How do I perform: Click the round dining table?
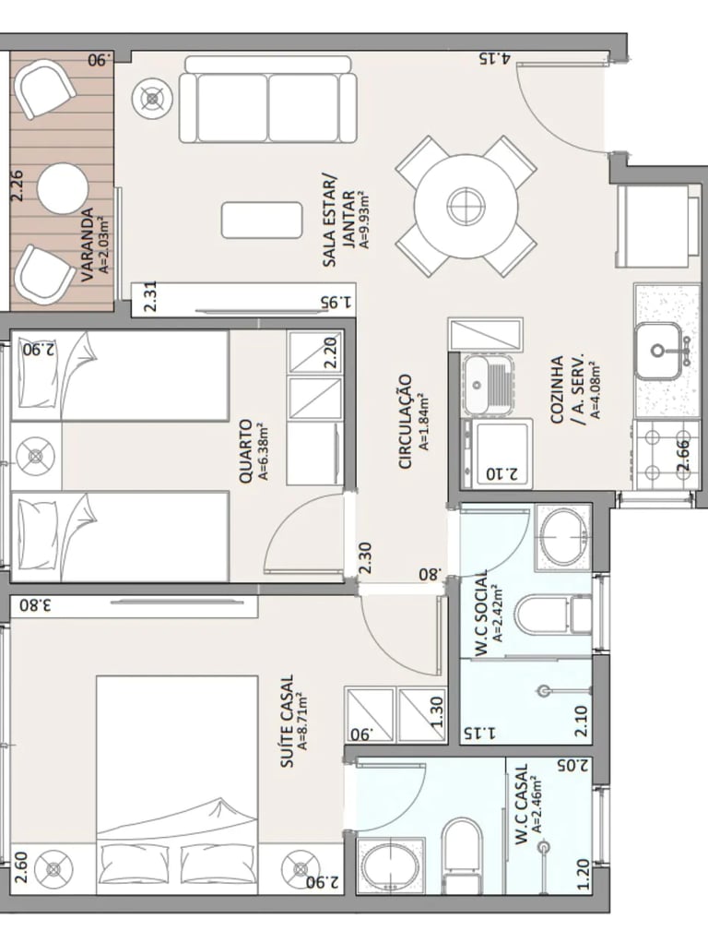pyautogui.click(x=466, y=205)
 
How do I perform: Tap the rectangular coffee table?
pyautogui.click(x=262, y=220)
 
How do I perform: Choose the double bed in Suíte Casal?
pyautogui.click(x=177, y=784)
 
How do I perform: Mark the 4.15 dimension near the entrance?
pyautogui.click(x=495, y=58)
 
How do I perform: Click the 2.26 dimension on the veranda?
pyautogui.click(x=18, y=185)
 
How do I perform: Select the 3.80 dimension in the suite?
pyautogui.click(x=33, y=605)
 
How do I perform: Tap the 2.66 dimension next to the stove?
pyautogui.click(x=683, y=456)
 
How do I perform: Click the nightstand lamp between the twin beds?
pyautogui.click(x=36, y=456)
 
